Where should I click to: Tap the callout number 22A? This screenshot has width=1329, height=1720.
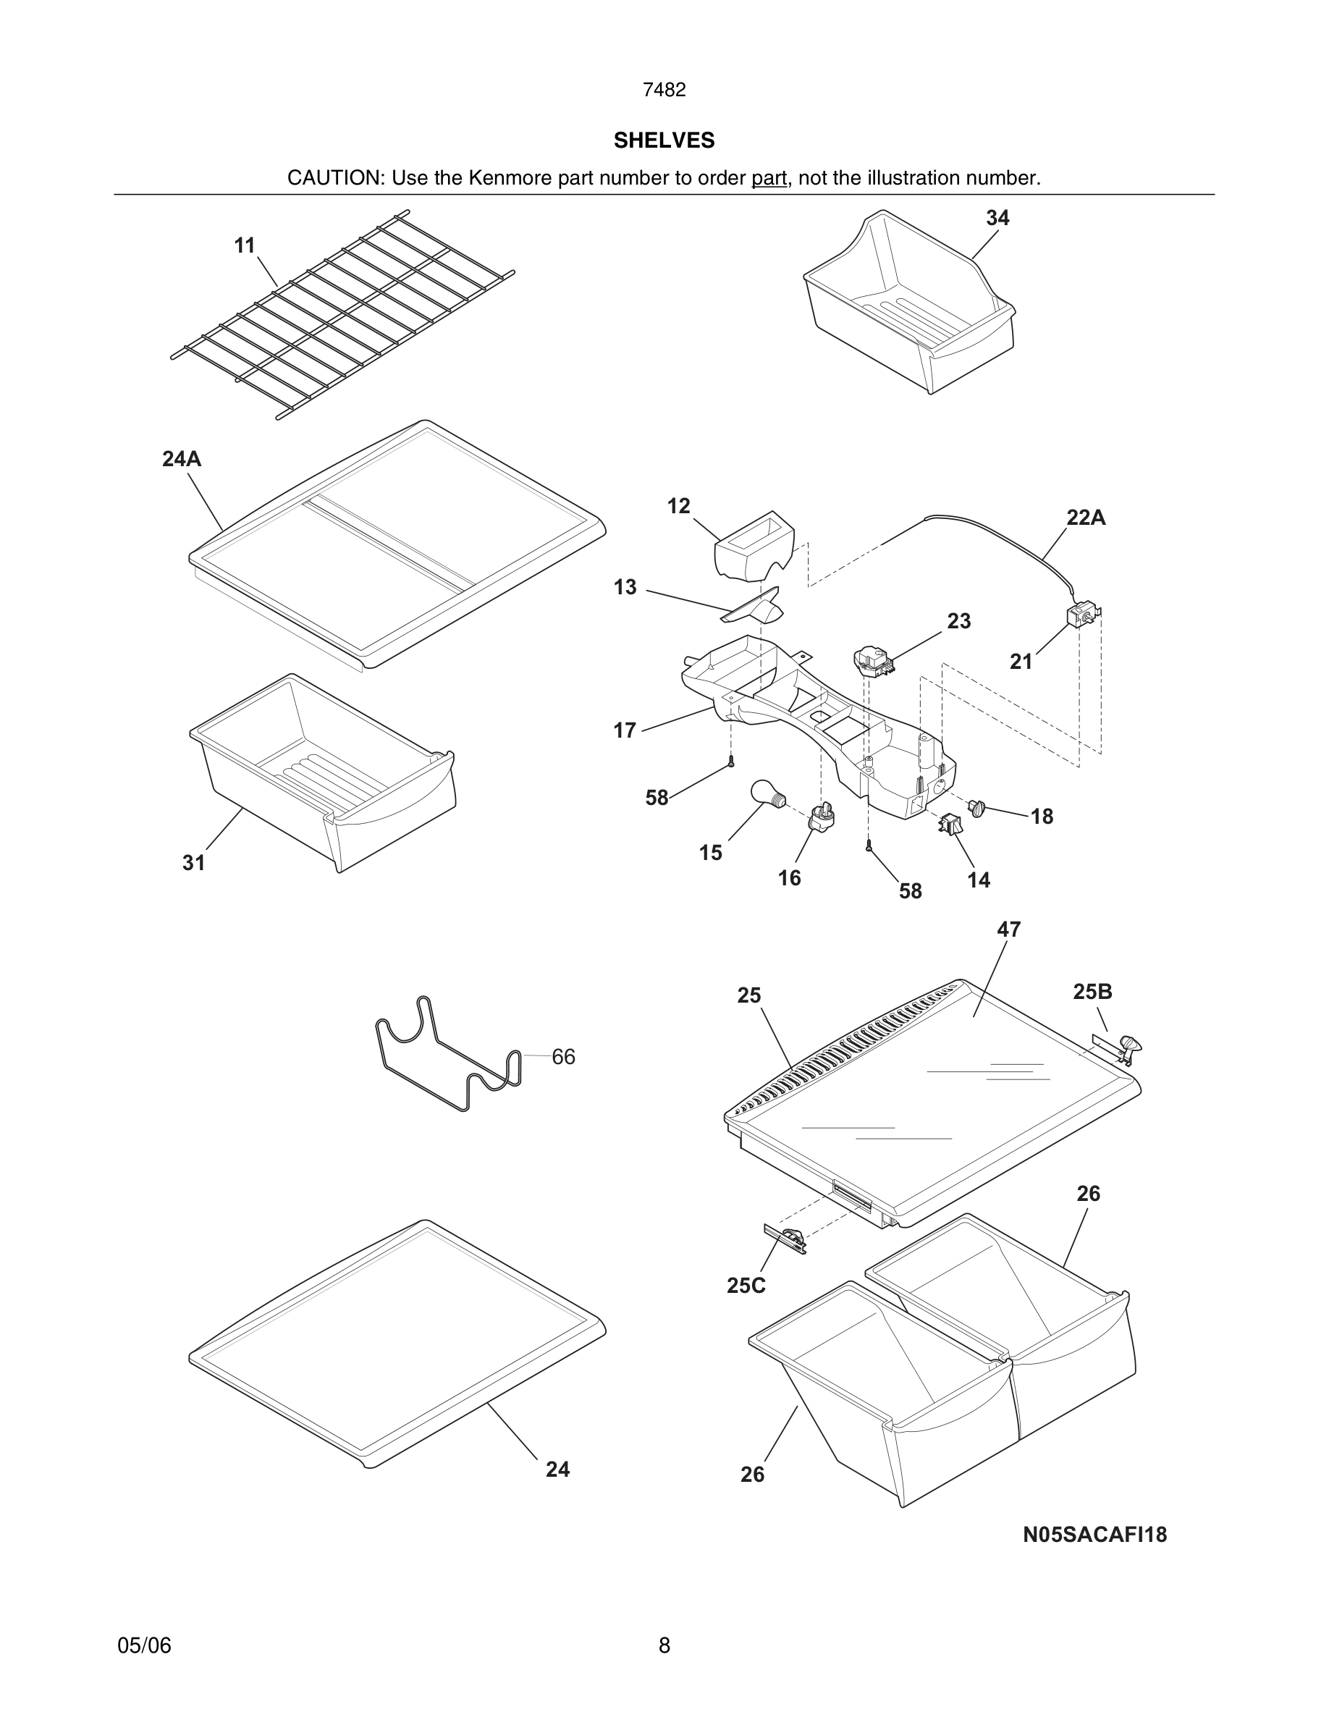click(x=1086, y=518)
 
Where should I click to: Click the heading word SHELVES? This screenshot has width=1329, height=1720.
click(x=664, y=140)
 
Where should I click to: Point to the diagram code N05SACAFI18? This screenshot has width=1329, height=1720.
click(x=1094, y=1534)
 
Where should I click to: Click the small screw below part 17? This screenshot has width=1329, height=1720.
click(x=731, y=761)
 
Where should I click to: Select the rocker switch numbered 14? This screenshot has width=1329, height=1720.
click(x=950, y=825)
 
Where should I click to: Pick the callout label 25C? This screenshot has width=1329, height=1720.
click(x=746, y=1285)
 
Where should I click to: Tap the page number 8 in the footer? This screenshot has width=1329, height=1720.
click(x=664, y=1645)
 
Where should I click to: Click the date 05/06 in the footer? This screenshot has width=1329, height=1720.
click(x=144, y=1645)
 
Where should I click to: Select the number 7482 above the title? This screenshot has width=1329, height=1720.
click(x=664, y=90)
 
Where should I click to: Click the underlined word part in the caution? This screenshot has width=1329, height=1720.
click(x=769, y=178)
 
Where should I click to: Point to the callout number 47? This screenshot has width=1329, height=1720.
click(x=1008, y=929)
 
